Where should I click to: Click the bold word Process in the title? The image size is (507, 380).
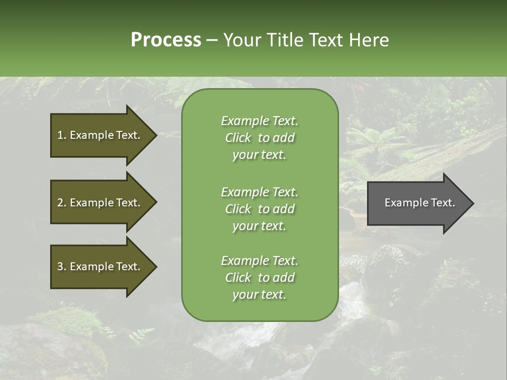pos(166,40)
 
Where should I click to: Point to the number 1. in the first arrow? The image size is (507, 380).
pos(62,135)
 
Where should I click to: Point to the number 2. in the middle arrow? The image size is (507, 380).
pos(62,203)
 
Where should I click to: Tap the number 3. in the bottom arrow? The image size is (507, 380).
pos(62,267)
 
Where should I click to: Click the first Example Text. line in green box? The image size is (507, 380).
pos(259,121)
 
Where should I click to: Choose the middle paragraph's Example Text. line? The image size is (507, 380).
pos(259,192)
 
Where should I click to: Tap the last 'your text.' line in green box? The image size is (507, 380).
pos(259,294)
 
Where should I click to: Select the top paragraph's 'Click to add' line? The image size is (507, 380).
pos(259,138)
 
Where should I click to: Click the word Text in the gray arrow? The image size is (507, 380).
pos(443,203)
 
